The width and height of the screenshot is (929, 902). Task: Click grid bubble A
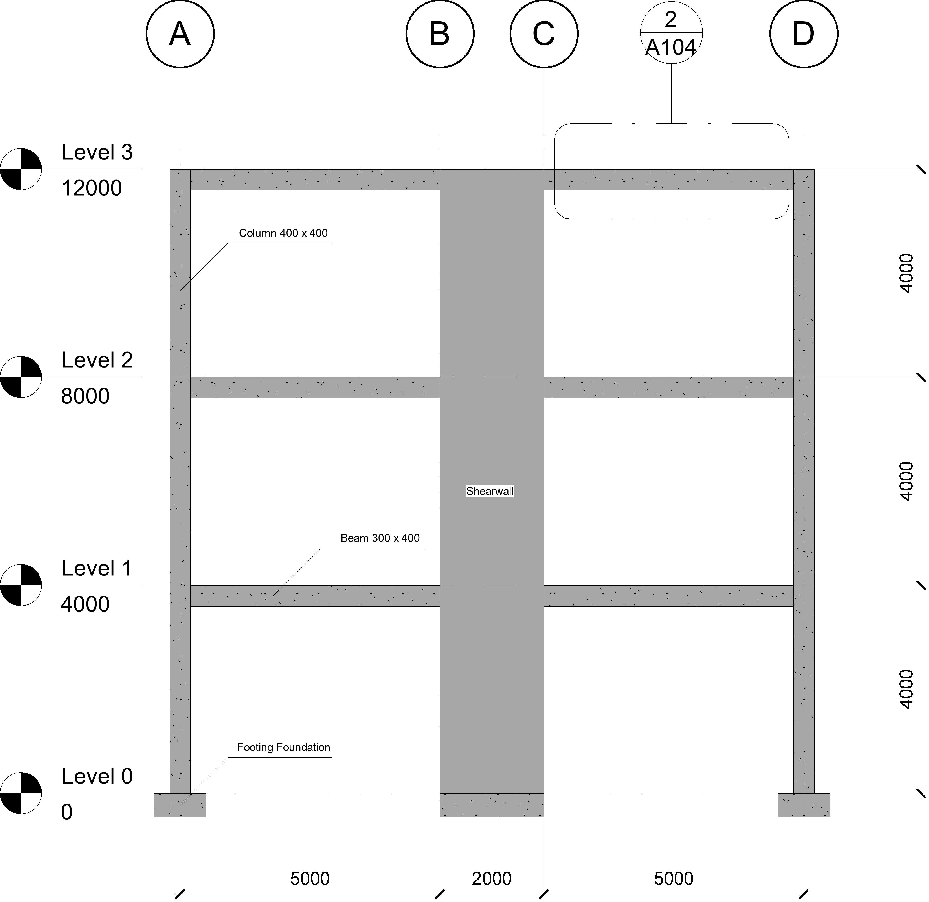click(180, 34)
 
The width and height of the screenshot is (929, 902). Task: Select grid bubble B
click(440, 34)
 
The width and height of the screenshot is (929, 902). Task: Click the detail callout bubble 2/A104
click(671, 33)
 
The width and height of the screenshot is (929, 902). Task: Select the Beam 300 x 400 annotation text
click(380, 538)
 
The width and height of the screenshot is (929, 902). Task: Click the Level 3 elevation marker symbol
click(21, 169)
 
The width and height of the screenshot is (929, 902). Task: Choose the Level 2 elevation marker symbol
click(21, 377)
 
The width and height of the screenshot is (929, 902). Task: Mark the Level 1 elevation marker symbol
click(21, 585)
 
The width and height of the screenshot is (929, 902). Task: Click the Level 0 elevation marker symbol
click(21, 793)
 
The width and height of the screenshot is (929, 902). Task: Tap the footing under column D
click(804, 805)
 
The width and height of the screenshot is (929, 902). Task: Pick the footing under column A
click(180, 805)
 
